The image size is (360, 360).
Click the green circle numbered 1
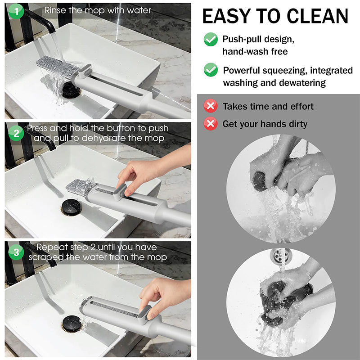(16, 11)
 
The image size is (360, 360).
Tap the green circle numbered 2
(16, 133)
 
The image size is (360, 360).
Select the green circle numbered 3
(16, 252)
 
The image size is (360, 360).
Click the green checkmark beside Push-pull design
(211, 39)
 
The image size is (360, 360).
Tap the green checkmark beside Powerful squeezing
(211, 70)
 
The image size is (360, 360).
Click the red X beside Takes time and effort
(211, 106)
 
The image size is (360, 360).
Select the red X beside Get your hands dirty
(211, 123)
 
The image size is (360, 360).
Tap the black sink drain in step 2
(71, 208)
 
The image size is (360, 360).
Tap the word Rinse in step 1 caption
(57, 9)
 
